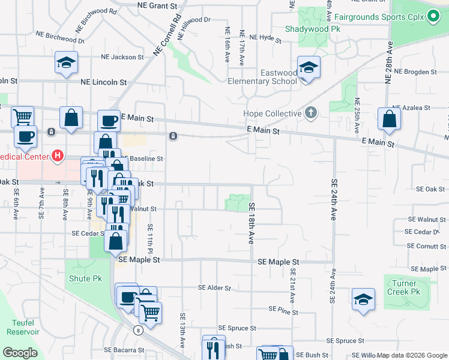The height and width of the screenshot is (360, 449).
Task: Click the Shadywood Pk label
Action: pos(304,28)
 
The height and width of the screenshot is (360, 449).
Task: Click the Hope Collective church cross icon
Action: pos(310,113)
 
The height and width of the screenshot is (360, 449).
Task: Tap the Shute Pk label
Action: pos(85,278)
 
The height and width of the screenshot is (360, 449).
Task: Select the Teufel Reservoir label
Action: pos(23,326)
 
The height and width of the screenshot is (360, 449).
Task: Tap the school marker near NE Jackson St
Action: pos(66,62)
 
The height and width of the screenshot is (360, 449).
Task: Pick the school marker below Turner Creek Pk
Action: pos(363,299)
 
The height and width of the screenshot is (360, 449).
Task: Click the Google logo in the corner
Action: pos(19,353)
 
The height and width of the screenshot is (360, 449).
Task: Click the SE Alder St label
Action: pos(214,288)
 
